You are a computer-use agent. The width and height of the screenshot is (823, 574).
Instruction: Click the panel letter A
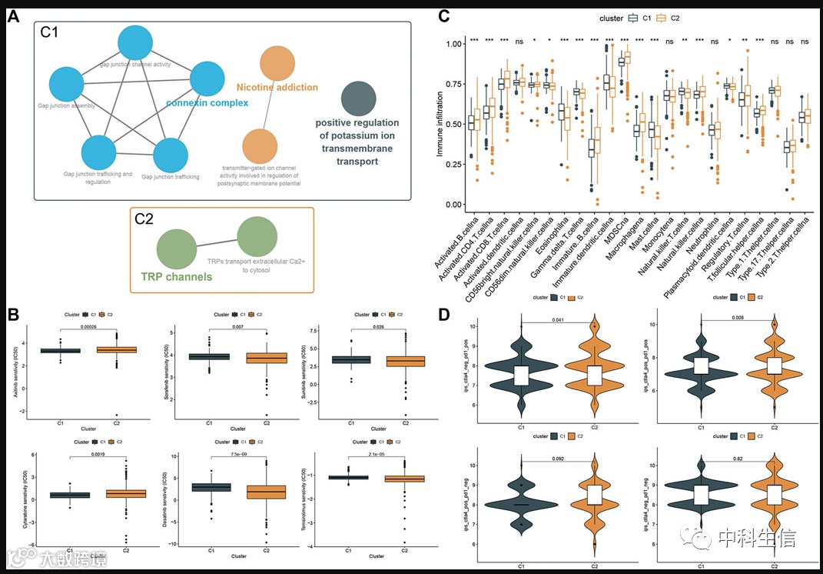pyautogui.click(x=13, y=15)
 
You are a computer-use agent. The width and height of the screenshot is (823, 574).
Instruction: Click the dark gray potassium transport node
pyautogui.click(x=358, y=99)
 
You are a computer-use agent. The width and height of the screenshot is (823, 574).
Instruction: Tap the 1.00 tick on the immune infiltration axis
pyautogui.click(x=454, y=45)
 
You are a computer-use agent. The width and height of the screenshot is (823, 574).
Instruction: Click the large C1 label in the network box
pyautogui.click(x=55, y=35)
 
